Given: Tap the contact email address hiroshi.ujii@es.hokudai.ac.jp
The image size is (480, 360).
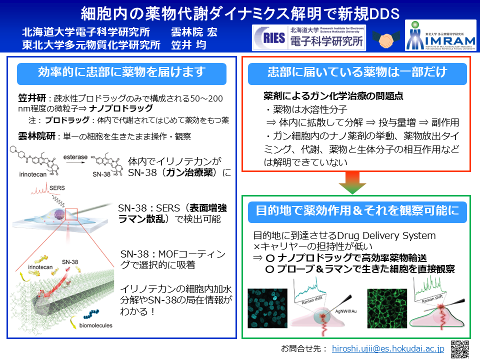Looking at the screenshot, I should (388, 348).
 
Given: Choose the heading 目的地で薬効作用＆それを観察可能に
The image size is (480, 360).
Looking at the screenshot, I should (357, 210).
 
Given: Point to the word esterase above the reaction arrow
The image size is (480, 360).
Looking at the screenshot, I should (76, 156).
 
